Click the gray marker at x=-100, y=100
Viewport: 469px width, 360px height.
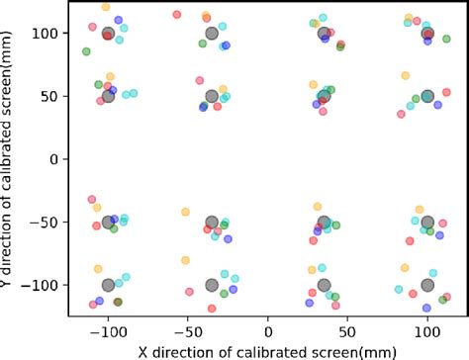(109, 33)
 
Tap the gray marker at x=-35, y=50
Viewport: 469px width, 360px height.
(212, 96)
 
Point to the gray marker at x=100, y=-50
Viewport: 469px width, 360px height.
(427, 223)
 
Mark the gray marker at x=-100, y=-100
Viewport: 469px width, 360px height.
(109, 286)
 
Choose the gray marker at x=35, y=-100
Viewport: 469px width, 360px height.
(324, 286)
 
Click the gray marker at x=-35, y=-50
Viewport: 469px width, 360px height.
(212, 223)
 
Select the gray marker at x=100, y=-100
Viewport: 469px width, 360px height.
(427, 286)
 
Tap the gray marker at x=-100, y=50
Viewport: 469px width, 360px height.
(109, 96)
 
